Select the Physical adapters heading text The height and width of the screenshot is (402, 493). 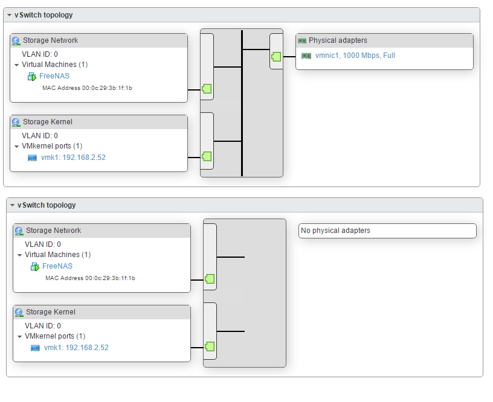[338, 40]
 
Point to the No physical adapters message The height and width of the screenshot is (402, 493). [335, 231]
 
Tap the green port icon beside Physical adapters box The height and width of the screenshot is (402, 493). [276, 56]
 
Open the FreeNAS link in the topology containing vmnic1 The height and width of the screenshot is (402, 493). [54, 76]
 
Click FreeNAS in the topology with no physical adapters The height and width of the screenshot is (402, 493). [57, 266]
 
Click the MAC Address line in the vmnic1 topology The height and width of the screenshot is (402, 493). [87, 88]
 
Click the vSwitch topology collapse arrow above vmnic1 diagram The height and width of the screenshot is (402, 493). [9, 15]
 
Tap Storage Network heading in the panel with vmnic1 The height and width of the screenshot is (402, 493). [50, 40]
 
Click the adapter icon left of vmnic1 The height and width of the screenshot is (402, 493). [306, 56]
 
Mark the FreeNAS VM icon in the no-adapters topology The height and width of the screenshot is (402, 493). [35, 266]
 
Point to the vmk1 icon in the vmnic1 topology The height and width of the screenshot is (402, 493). [33, 158]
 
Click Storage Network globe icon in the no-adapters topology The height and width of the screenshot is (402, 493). [19, 231]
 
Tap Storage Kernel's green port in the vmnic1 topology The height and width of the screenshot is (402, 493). [207, 156]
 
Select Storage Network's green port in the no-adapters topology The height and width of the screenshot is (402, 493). [210, 279]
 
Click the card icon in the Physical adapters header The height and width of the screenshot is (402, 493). [302, 40]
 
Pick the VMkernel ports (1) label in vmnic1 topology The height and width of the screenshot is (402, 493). [52, 146]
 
